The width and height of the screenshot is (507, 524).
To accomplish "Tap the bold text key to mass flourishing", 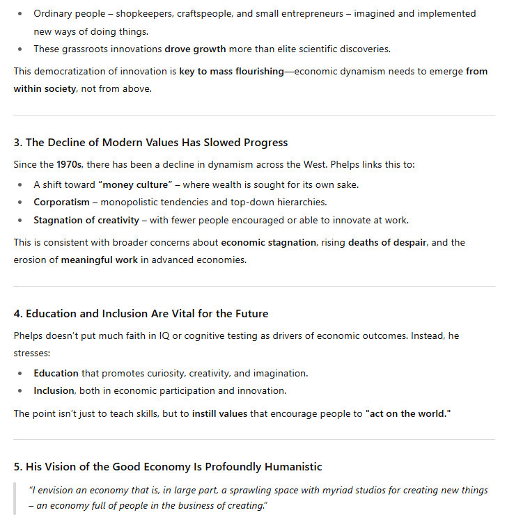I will [x=231, y=71].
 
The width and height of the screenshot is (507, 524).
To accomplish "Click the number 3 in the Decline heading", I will [x=17, y=143].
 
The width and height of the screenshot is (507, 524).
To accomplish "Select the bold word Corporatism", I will [x=61, y=203].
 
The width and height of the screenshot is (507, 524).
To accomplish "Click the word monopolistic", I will [x=131, y=203].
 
